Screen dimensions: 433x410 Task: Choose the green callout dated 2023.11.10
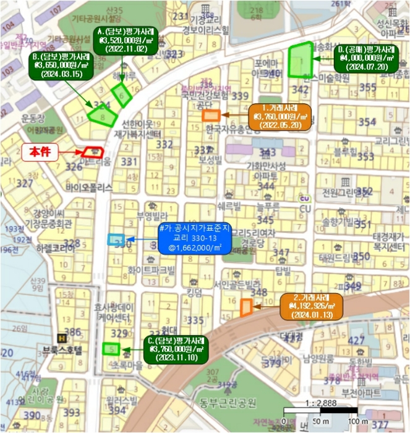[x=176, y=349]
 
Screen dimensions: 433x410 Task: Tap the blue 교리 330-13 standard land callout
[x=194, y=239]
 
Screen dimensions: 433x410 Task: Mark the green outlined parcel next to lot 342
[x=300, y=60]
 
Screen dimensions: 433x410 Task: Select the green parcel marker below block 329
[x=111, y=349]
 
